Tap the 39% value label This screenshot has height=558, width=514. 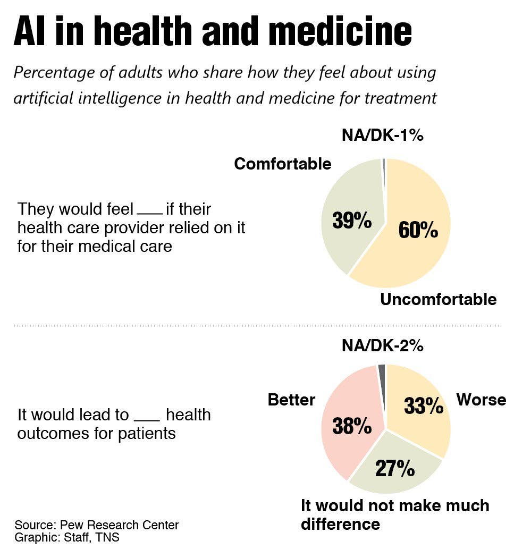point(352,219)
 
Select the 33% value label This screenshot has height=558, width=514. point(424,407)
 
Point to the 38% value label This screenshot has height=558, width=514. point(352,426)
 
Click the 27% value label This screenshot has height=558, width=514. point(395,468)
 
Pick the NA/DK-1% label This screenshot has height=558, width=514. point(382,136)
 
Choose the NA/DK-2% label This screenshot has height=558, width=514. point(382,346)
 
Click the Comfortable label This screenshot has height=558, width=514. point(283,164)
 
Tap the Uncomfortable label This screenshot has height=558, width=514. point(438,299)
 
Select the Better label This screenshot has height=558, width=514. point(291,400)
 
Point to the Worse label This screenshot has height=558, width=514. point(481,399)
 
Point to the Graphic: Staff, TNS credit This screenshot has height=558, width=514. point(67,537)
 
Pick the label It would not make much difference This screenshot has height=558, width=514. point(394,514)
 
